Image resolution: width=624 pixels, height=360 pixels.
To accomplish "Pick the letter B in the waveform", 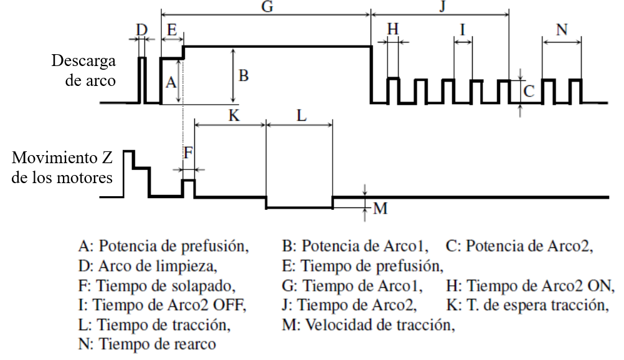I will coord(243,76).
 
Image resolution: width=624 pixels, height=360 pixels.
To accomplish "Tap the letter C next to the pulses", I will coord(528,91).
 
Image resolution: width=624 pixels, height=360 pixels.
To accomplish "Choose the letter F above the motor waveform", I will coord(188,152).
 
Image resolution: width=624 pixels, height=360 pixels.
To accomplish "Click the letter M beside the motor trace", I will coord(380,208).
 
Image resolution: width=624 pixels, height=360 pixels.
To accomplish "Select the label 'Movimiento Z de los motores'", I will coord(62,167).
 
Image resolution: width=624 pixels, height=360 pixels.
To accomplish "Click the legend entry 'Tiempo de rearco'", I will coord(148,343).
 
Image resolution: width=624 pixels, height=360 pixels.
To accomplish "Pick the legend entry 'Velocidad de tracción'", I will coord(368,324).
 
